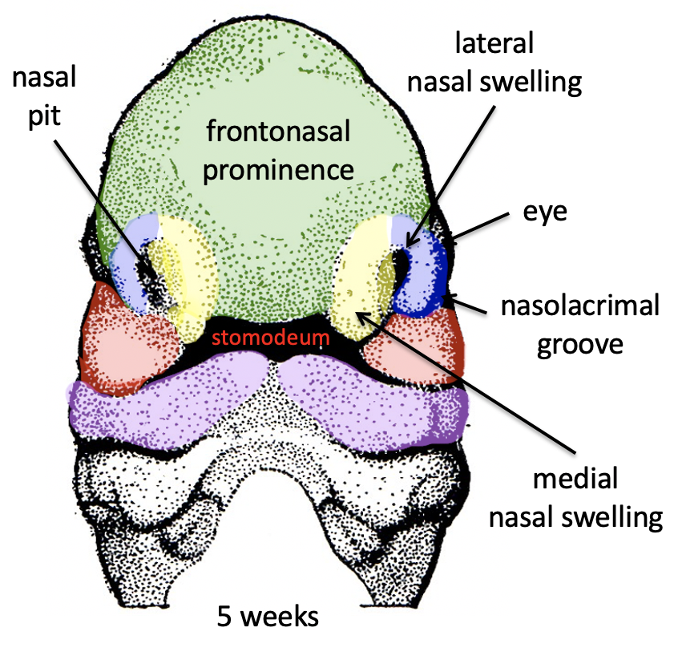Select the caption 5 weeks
point(268,617)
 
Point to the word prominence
point(277,170)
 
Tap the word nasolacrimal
point(579,306)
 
